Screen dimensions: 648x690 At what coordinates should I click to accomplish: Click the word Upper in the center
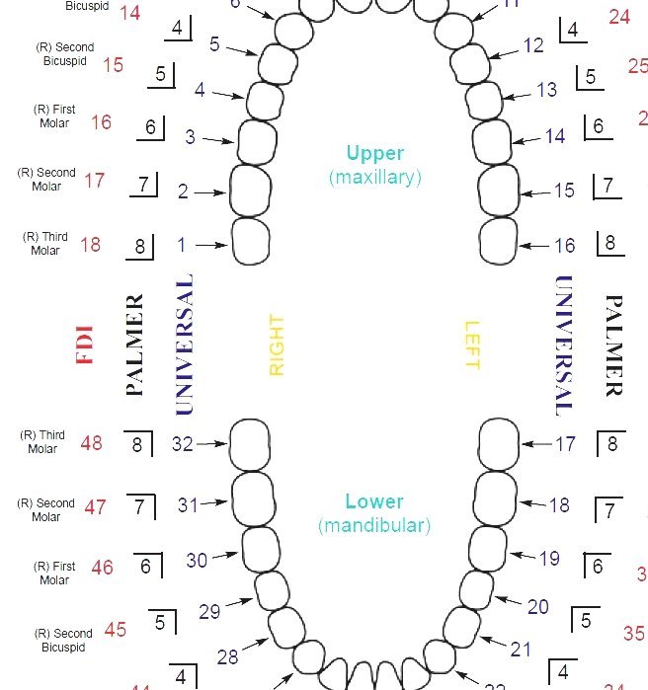point(374,153)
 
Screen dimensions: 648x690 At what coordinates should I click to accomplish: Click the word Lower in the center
point(374,501)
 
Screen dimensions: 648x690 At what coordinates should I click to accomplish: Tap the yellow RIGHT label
point(277,345)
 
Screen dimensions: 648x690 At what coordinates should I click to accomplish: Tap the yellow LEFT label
point(471,345)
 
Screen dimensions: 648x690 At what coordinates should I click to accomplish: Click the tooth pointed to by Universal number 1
point(251,242)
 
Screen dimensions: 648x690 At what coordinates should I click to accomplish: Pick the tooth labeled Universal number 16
point(499,242)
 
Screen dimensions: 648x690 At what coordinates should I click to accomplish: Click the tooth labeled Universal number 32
point(250,445)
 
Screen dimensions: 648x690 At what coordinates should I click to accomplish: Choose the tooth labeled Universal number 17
point(499,444)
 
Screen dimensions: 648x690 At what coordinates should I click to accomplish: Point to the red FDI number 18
point(90,244)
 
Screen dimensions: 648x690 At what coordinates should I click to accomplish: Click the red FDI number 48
point(91,443)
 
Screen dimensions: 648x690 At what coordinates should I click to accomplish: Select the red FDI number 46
point(102,568)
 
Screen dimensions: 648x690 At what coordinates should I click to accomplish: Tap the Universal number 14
point(555,136)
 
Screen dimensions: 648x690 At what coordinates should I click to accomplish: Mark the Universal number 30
point(197,560)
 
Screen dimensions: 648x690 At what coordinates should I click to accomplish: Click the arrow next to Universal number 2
point(209,192)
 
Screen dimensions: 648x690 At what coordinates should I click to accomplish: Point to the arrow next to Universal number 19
point(523,556)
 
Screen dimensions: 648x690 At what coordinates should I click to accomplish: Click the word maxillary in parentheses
point(374,178)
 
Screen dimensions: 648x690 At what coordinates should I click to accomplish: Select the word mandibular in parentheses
point(374,525)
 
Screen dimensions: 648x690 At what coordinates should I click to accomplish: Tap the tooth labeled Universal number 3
point(258,140)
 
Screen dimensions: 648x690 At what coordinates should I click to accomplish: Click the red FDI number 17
point(94,181)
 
